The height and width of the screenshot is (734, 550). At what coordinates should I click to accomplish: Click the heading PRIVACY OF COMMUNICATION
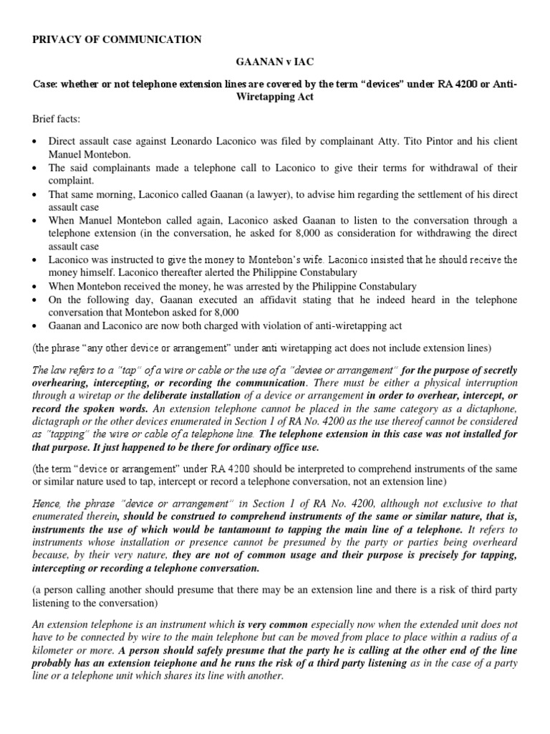click(x=117, y=39)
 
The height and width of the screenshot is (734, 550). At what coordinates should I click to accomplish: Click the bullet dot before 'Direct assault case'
click(x=36, y=142)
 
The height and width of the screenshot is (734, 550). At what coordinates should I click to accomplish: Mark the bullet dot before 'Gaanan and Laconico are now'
click(x=36, y=326)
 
